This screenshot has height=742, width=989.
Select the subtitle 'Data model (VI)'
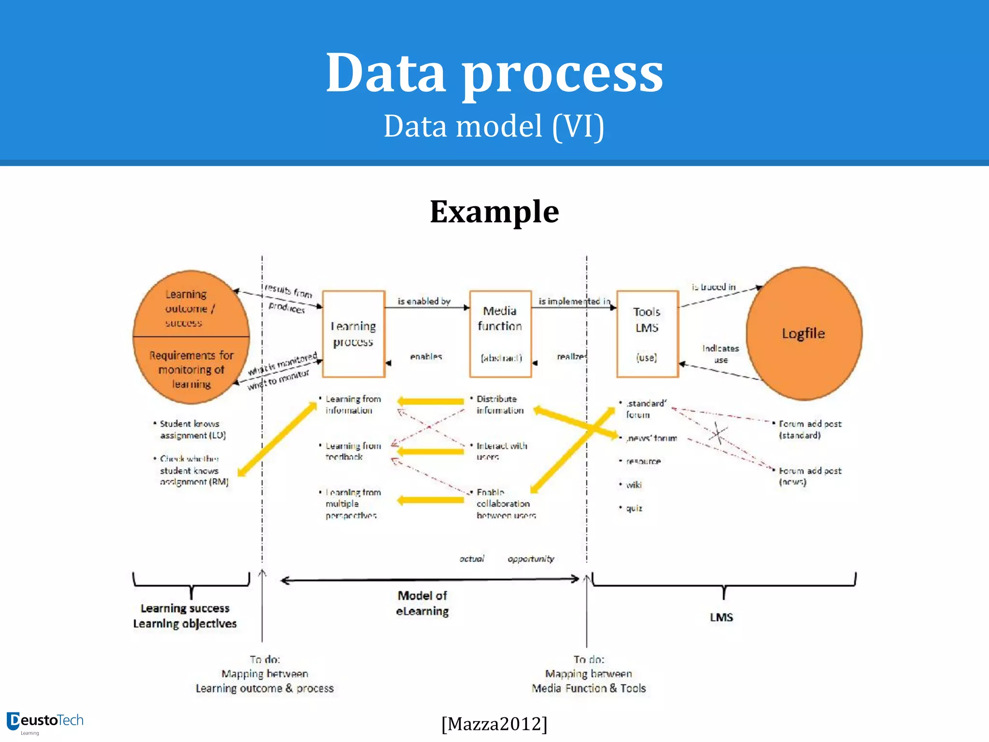pyautogui.click(x=494, y=126)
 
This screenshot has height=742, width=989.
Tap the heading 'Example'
pyautogui.click(x=494, y=212)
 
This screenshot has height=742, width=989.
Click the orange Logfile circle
pyautogui.click(x=804, y=333)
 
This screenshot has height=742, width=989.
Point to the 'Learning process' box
pyautogui.click(x=353, y=333)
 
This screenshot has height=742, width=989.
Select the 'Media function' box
pyautogui.click(x=500, y=333)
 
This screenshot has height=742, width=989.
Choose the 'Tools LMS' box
pyautogui.click(x=647, y=333)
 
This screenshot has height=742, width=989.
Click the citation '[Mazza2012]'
pyautogui.click(x=494, y=724)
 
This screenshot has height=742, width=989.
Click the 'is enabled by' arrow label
pyautogui.click(x=424, y=301)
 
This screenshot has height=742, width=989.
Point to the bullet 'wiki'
pyautogui.click(x=634, y=485)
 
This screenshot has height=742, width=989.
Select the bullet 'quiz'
pyautogui.click(x=634, y=508)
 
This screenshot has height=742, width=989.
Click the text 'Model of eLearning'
pyautogui.click(x=422, y=603)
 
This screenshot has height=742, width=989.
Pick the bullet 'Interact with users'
pyautogui.click(x=501, y=451)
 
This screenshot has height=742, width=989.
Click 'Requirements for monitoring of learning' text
pyautogui.click(x=191, y=370)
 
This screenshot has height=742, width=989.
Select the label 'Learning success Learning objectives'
pyautogui.click(x=185, y=616)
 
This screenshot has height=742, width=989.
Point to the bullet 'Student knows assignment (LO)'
pyautogui.click(x=192, y=429)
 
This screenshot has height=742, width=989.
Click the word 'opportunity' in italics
pyautogui.click(x=530, y=559)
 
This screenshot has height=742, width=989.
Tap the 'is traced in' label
pyautogui.click(x=713, y=287)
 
